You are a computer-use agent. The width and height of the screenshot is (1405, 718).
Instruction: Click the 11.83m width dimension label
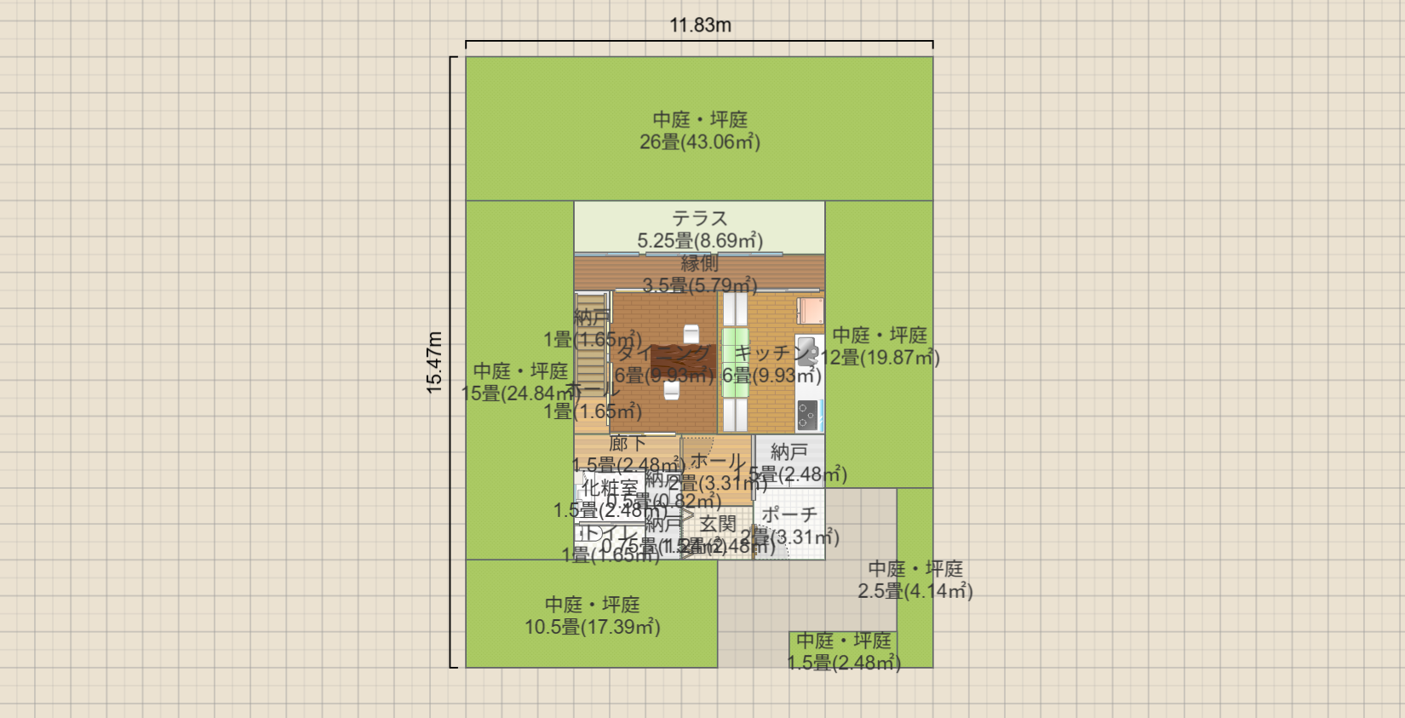(x=700, y=26)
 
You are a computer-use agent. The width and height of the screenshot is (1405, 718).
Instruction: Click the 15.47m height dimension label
(x=435, y=362)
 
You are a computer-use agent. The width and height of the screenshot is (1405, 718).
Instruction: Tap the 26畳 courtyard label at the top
(x=700, y=131)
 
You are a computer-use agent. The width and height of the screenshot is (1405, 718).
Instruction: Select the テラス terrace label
(x=700, y=219)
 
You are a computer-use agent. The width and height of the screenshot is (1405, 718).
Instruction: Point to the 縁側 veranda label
(x=700, y=264)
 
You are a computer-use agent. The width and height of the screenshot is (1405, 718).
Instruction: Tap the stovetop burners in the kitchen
(x=807, y=416)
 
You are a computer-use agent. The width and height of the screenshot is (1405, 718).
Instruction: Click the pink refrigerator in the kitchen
(x=810, y=310)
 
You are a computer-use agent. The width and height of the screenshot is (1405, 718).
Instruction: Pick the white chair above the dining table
(x=691, y=333)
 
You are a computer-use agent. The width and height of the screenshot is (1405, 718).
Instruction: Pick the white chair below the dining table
(x=672, y=390)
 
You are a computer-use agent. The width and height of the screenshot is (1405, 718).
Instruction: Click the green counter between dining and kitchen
(x=735, y=362)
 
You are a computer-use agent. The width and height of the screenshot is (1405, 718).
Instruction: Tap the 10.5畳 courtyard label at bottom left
(x=593, y=616)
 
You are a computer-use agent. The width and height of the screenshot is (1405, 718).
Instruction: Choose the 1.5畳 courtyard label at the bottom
(x=843, y=652)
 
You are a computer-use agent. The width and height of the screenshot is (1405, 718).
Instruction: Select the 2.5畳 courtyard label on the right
(x=915, y=580)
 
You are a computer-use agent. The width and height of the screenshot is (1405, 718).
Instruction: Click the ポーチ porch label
(x=789, y=515)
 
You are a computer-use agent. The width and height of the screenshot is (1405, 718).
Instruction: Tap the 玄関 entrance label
(x=717, y=525)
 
